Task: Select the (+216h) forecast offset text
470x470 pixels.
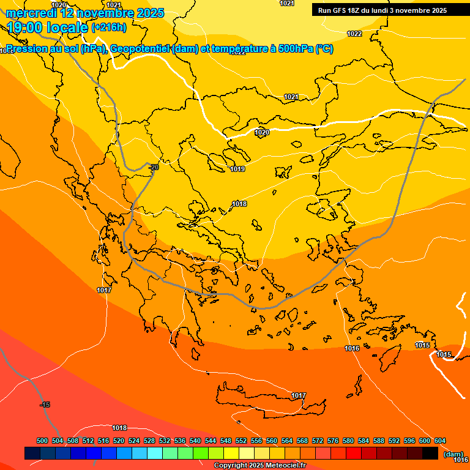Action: coord(109,27)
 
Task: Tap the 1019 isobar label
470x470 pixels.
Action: coord(237,169)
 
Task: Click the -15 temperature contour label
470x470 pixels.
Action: coord(45,405)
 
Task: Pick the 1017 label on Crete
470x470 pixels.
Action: coord(298,396)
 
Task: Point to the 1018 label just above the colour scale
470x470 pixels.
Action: coord(119,428)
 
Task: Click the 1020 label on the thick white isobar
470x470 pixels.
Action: coord(262,132)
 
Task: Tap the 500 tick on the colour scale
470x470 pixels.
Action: coord(42,441)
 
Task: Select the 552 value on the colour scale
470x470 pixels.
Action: coord(241,441)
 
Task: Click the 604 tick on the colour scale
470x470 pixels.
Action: coord(440,441)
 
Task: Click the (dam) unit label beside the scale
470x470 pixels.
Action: coord(453,453)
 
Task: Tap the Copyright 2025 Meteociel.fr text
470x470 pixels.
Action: coord(259,465)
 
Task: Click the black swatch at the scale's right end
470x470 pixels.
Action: coord(430,453)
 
